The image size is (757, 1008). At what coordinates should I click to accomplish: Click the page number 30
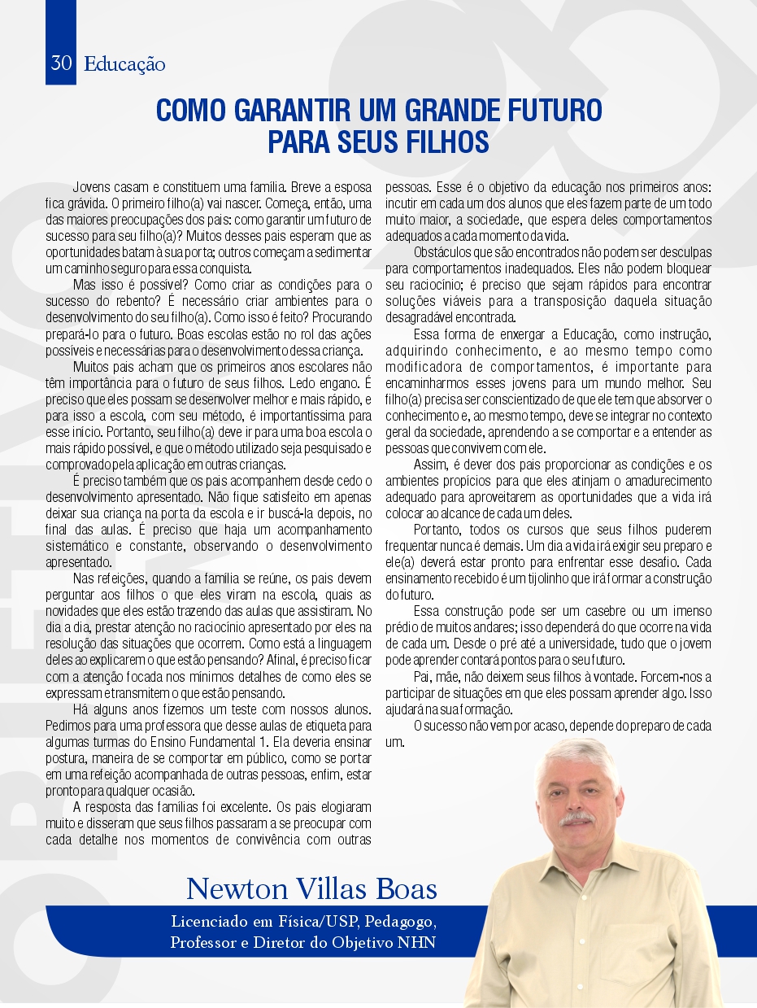(x=61, y=63)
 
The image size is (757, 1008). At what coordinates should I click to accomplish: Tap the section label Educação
(x=124, y=64)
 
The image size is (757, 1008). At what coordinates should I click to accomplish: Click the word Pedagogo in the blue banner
(x=403, y=923)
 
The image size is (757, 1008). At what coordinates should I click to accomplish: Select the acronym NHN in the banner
(x=417, y=944)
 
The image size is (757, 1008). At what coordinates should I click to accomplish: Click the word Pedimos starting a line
(x=69, y=725)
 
